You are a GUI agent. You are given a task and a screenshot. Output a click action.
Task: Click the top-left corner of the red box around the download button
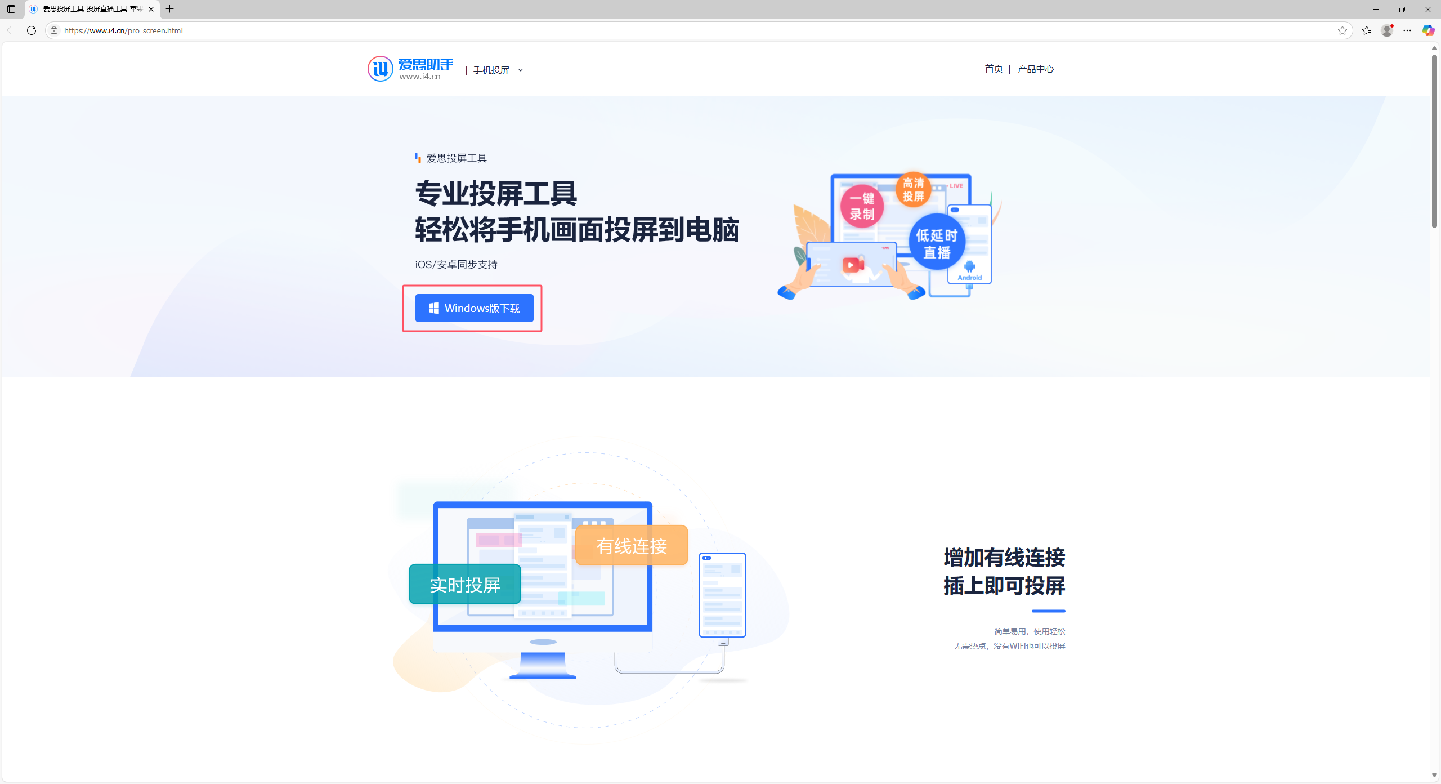point(403,286)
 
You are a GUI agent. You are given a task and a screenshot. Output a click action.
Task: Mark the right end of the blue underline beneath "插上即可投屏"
point(1065,611)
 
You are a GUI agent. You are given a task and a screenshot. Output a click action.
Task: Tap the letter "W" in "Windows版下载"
point(450,308)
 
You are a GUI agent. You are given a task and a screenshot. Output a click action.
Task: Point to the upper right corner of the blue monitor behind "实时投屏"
point(652,502)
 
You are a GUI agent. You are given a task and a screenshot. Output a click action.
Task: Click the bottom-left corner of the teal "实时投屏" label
point(410,603)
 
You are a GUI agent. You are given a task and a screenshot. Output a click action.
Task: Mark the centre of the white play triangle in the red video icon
point(851,265)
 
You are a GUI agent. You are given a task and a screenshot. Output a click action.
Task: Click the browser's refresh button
point(32,30)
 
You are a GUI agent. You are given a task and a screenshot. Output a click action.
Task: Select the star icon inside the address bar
point(1342,30)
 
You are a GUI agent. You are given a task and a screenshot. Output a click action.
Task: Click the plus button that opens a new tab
point(169,9)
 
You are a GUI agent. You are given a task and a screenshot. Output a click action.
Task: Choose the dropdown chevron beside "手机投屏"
point(520,70)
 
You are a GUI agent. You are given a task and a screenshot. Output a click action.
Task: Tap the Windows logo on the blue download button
point(433,308)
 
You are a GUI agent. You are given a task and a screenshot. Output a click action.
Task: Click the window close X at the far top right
point(1428,10)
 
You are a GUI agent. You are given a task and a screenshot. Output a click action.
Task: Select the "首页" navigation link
point(994,69)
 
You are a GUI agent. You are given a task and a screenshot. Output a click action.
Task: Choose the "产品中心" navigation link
point(1036,69)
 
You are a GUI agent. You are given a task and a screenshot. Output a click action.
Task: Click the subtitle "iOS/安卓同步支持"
point(457,265)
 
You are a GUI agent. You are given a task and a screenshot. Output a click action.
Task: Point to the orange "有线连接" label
point(632,545)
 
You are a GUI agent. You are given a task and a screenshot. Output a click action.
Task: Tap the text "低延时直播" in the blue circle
point(937,244)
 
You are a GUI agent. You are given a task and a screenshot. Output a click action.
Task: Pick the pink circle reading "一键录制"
point(862,206)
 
